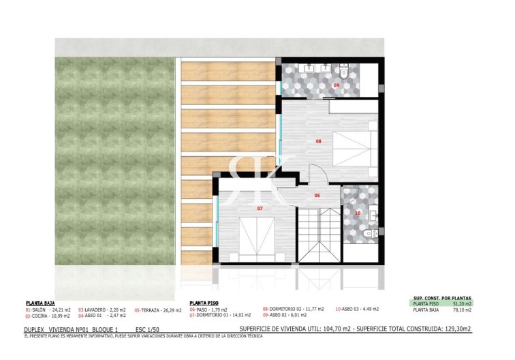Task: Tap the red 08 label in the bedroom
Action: coord(318,142)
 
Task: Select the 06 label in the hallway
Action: coord(317,195)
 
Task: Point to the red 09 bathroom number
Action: coord(336,85)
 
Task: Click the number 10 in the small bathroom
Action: coord(358,213)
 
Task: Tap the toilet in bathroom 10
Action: coord(369,234)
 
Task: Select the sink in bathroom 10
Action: coord(371,215)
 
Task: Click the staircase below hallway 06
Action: coord(320,235)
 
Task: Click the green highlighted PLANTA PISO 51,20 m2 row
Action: coord(442,304)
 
